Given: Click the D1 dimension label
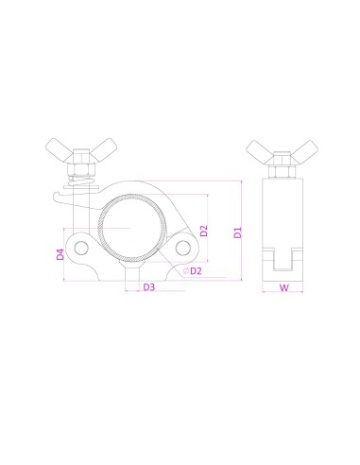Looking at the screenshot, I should click(x=238, y=231).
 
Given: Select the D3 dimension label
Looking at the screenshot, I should click(x=148, y=288).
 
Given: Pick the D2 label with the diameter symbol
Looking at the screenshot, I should click(x=196, y=270).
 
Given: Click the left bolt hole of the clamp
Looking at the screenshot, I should click(x=83, y=249).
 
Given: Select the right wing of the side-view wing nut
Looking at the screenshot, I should click(x=304, y=150).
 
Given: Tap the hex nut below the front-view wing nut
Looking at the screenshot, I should click(x=79, y=172).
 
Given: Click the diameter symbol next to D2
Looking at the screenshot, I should click(x=186, y=270).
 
